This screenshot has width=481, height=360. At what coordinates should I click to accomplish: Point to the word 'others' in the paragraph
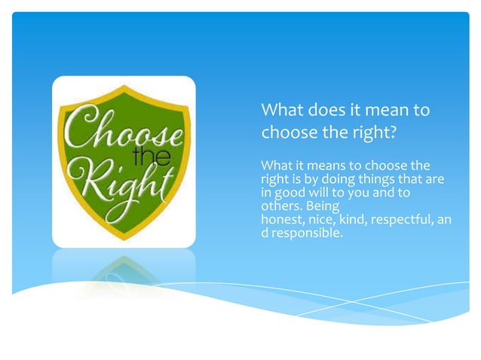(x=277, y=206)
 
